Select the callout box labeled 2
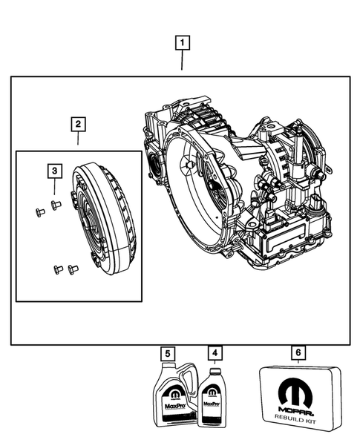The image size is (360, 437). click(79, 123)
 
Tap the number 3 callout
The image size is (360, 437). click(54, 172)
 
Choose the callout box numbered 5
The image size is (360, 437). click(168, 353)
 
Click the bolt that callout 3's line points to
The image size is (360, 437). click(54, 203)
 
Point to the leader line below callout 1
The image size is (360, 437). click(182, 61)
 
